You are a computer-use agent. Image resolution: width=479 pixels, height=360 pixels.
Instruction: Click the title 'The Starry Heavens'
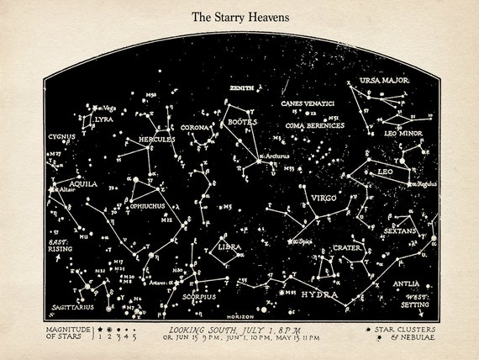click(239, 16)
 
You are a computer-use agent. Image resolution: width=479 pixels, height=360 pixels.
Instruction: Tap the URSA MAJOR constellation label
click(384, 80)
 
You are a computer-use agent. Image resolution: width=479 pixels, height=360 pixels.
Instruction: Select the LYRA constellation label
click(104, 119)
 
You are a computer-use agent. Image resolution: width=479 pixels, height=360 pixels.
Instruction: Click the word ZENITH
click(241, 87)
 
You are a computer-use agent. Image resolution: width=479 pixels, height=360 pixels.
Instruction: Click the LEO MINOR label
click(403, 133)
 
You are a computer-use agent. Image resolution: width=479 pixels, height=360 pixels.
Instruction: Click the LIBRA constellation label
click(229, 247)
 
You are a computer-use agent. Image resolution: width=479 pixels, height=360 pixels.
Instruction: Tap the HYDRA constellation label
click(319, 295)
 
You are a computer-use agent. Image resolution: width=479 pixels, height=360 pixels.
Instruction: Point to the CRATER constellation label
click(347, 248)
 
